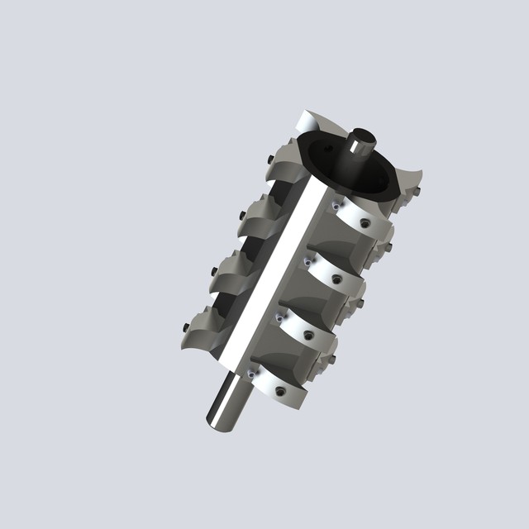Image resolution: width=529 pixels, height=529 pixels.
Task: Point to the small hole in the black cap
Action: (328, 149)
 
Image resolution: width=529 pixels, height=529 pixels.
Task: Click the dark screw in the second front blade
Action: (337, 279)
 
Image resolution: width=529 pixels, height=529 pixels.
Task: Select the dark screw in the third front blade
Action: (308, 335)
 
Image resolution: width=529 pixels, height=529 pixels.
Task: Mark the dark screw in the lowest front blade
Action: (280, 390)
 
